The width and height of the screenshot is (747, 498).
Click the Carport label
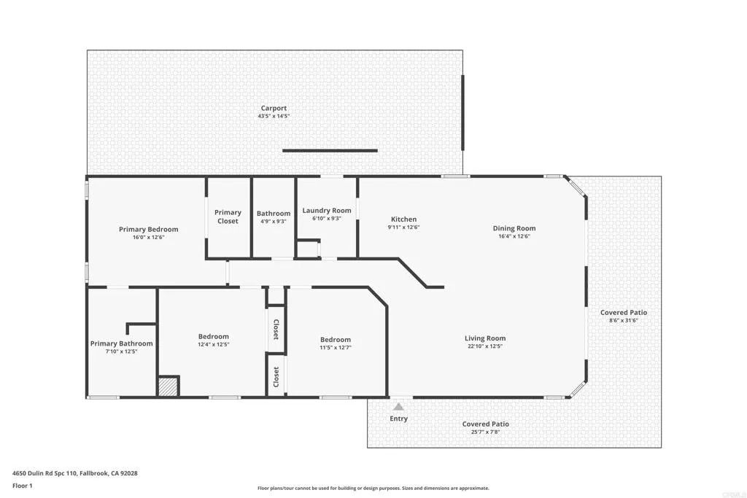point(274,108)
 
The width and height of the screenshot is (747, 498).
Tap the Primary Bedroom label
point(148,229)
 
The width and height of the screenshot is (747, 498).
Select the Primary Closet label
point(228,217)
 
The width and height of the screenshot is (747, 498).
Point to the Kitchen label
point(403,219)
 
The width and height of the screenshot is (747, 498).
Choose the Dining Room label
point(514,228)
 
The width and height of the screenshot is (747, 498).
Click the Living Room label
point(485,338)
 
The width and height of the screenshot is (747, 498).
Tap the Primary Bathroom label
point(121,343)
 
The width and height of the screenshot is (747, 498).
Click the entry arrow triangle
point(398,407)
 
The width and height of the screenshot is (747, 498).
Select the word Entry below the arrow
point(398,419)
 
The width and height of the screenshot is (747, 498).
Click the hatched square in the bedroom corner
point(169,386)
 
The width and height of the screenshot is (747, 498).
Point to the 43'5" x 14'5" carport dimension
point(274,117)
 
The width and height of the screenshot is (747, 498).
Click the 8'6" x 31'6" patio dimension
point(624,320)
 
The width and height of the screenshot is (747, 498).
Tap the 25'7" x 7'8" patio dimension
point(485,432)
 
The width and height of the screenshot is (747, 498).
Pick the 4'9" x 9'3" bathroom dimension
point(274,221)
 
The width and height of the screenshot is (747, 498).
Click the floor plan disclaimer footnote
point(373,489)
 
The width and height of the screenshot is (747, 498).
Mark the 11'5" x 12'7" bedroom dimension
point(336,347)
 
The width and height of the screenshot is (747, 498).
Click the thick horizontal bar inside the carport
point(330,151)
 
